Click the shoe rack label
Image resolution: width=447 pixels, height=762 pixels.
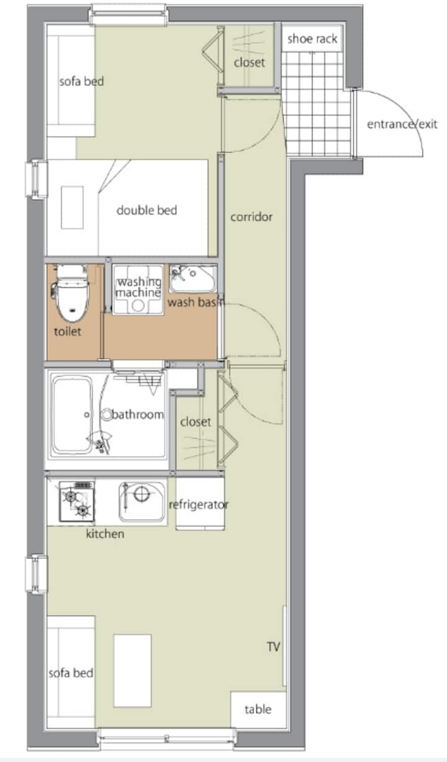pyautogui.click(x=312, y=39)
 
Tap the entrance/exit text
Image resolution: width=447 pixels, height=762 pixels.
pyautogui.click(x=402, y=124)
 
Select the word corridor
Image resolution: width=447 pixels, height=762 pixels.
pyautogui.click(x=251, y=217)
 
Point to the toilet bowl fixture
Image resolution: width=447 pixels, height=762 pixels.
pyautogui.click(x=70, y=293)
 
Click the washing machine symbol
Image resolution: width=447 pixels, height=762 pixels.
pyautogui.click(x=138, y=289)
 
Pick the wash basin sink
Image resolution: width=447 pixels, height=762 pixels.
pyautogui.click(x=193, y=279)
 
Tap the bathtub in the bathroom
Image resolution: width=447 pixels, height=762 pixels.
pyautogui.click(x=72, y=414)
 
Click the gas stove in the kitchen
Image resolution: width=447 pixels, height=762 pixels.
pyautogui.click(x=76, y=501)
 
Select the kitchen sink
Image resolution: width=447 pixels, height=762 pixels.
pyautogui.click(x=142, y=502)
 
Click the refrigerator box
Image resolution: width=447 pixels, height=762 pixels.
pyautogui.click(x=200, y=504)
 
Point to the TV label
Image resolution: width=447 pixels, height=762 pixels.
pyautogui.click(x=273, y=646)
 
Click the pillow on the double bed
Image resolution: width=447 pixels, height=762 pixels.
pyautogui.click(x=72, y=207)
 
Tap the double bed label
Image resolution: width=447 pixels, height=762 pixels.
pyautogui.click(x=147, y=211)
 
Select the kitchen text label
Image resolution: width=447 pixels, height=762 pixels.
pyautogui.click(x=105, y=533)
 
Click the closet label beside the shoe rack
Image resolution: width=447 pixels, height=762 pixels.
pyautogui.click(x=250, y=62)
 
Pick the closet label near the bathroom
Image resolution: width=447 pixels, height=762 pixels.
pyautogui.click(x=196, y=422)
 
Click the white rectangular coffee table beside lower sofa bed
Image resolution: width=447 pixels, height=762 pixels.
pyautogui.click(x=132, y=671)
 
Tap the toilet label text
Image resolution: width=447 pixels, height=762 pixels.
pyautogui.click(x=68, y=332)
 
